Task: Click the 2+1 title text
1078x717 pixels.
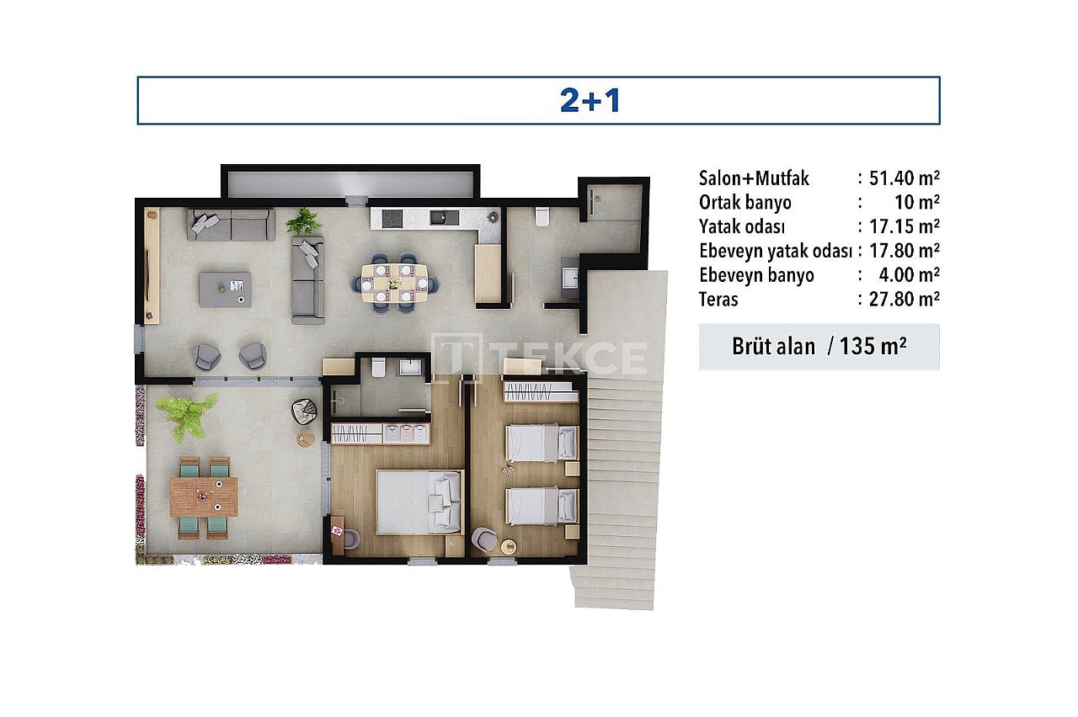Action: pos(590,101)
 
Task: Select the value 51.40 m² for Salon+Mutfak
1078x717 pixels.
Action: pos(904,178)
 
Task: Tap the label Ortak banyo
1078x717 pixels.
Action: pos(745,203)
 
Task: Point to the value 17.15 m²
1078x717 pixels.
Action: pos(904,226)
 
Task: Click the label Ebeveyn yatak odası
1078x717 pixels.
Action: pos(776,251)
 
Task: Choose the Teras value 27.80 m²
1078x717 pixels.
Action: pos(904,300)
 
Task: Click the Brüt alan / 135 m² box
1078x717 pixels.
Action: pos(819,346)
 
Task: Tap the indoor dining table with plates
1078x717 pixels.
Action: pos(395,283)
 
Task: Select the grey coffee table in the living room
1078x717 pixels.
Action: pos(225,289)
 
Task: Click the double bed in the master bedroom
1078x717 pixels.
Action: pos(419,502)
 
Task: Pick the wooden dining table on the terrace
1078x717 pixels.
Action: pos(204,497)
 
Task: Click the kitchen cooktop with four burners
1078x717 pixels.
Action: pos(392,219)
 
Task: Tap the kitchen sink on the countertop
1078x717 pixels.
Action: pos(444,218)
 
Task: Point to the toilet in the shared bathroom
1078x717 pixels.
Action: pos(542,216)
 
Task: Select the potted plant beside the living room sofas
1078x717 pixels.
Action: pos(303,222)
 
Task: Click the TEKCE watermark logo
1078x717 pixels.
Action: pos(539,355)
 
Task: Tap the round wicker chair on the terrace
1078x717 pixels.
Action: pos(304,412)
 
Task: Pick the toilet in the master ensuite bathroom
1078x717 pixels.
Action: pos(378,368)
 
